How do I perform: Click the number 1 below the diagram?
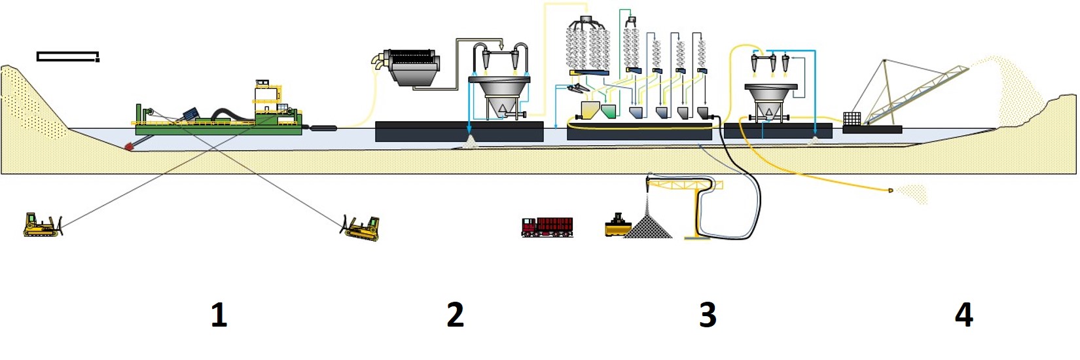point(219,315)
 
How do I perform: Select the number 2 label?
point(455,315)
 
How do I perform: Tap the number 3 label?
point(708,315)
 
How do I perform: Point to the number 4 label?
point(963,315)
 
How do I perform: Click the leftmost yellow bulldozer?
point(41,225)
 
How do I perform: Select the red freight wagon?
point(547,226)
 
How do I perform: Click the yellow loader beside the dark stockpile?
point(616,225)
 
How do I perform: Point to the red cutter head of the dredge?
point(129,147)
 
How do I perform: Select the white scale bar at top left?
point(68,57)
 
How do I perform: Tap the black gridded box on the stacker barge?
point(852,118)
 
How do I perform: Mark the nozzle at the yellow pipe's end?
point(891,190)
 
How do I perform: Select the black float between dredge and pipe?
point(323,128)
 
